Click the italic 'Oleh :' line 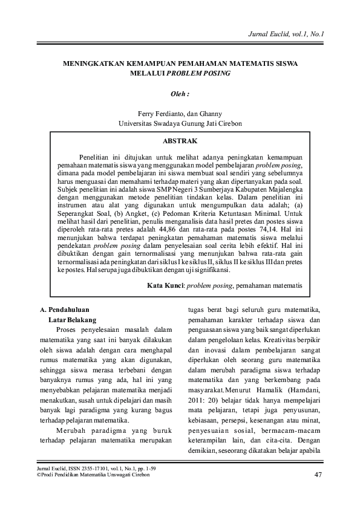click(180, 94)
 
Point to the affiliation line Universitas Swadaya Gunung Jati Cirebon click(180, 123)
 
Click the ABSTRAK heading click(180, 141)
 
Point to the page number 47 click(318, 473)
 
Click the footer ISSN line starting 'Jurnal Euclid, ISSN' click(87, 468)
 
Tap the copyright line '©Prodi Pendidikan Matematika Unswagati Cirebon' click(93, 475)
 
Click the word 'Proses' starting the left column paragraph click(67, 329)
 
